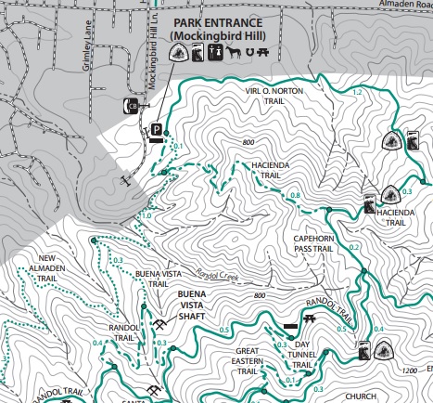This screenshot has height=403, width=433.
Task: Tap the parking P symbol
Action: click(x=157, y=131)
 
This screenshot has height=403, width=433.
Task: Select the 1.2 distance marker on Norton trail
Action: click(x=357, y=92)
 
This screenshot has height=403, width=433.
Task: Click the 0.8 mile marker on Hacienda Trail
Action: click(x=295, y=194)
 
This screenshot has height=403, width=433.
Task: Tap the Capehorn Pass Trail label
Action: click(x=313, y=243)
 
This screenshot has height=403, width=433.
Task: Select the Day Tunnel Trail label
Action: click(x=311, y=354)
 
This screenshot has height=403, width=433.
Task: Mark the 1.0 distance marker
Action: click(x=145, y=215)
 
